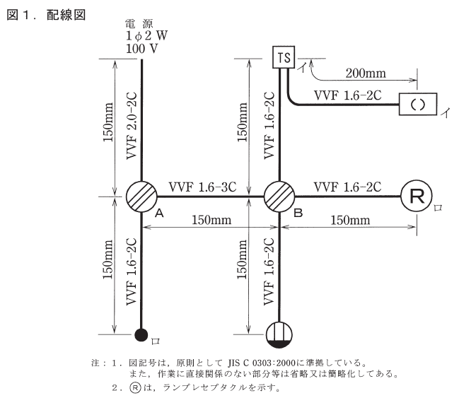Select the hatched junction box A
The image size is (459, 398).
pyautogui.click(x=142, y=196)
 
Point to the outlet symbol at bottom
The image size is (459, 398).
pyautogui.click(x=280, y=333)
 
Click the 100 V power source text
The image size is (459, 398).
pyautogui.click(x=141, y=51)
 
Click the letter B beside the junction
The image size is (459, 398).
pyautogui.click(x=298, y=211)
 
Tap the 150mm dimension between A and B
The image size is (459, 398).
pyautogui.click(x=210, y=220)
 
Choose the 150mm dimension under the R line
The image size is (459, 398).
pyautogui.click(x=349, y=220)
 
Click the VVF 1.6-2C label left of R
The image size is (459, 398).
pyautogui.click(x=347, y=187)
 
